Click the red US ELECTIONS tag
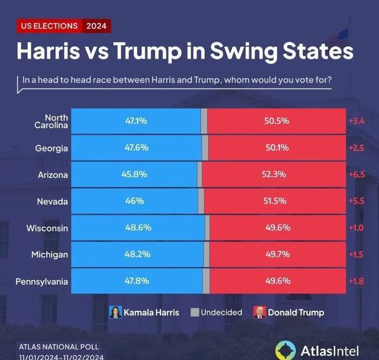point(49,26)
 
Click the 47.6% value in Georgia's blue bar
point(136,147)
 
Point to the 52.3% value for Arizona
point(275,175)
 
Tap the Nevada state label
point(53,201)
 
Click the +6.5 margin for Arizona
point(356,175)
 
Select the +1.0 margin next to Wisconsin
point(356,229)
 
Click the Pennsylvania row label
point(42,282)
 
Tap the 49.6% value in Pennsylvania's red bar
point(275,282)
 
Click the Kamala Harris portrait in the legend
point(115,312)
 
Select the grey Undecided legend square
point(194,312)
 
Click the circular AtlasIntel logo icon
point(285,350)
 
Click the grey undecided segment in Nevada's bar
point(201,201)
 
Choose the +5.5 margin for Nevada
point(356,201)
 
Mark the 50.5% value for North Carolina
point(276,121)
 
